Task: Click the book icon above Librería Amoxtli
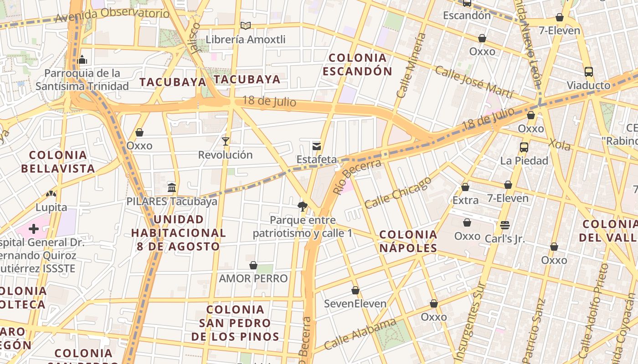tap(246, 26)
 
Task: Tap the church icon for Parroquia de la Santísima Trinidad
tap(82, 60)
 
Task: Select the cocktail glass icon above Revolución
tap(225, 142)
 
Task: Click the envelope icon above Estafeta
tap(316, 146)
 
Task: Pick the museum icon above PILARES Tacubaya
tap(172, 187)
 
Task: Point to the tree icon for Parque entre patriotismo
tap(302, 207)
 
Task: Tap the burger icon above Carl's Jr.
tap(504, 225)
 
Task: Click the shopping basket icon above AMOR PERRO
tap(253, 265)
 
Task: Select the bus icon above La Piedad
tap(524, 147)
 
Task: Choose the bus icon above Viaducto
tap(589, 72)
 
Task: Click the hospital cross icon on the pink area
tap(34, 228)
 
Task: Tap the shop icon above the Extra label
tap(465, 187)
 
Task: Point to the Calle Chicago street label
tap(397, 192)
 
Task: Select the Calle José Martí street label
tap(474, 82)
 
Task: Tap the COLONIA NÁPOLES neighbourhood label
tap(408, 241)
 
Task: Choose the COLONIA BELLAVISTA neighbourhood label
tap(58, 162)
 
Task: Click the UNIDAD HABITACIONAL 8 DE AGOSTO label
tap(178, 233)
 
